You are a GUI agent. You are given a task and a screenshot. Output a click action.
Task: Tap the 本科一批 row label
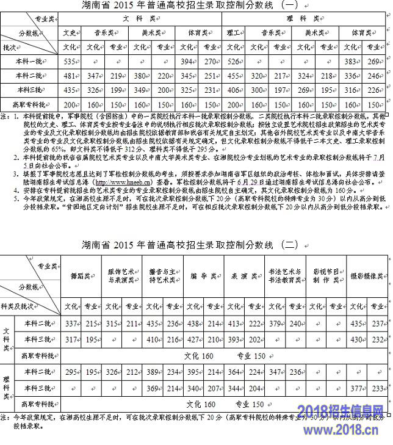[x=29, y=61]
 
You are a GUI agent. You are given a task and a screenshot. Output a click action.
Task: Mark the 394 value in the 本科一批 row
[x=187, y=61]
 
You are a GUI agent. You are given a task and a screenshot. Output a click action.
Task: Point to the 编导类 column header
[x=202, y=276]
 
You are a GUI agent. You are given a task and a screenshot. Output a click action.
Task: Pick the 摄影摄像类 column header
[x=365, y=276]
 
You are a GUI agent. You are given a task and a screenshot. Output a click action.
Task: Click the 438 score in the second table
[x=193, y=323]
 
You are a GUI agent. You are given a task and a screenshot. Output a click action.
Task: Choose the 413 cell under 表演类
[x=234, y=323]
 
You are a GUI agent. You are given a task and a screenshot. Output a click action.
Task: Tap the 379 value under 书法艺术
[x=275, y=323]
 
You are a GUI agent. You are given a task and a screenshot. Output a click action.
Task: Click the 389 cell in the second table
[x=153, y=371]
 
